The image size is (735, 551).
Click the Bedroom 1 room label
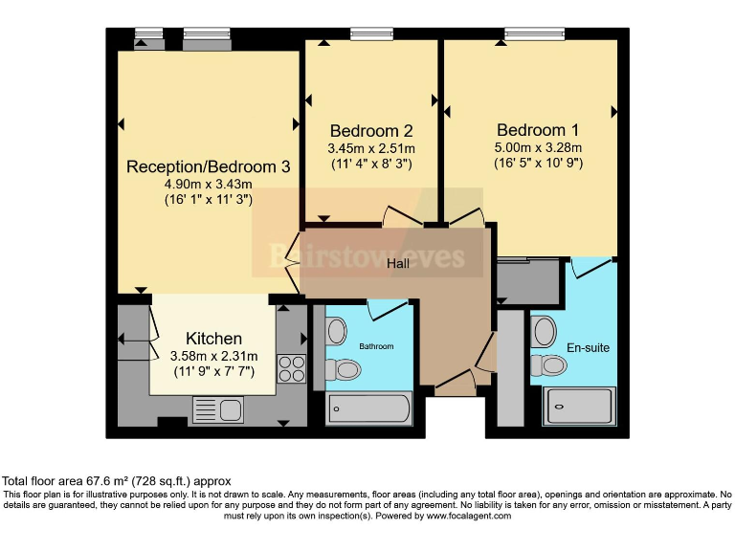point(538,130)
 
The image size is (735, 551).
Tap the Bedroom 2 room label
point(371,131)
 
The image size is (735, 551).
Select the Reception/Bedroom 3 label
point(208,166)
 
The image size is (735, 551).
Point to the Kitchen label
point(213,339)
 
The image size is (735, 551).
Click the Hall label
point(399,262)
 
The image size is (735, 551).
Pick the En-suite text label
point(588,347)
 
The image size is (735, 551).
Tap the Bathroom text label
point(376,345)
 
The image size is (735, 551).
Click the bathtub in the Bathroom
point(368,408)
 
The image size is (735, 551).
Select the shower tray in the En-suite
point(581,406)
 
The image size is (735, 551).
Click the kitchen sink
point(218,410)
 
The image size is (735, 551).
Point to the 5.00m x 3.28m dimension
point(538,147)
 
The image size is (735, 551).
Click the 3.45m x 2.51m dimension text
point(371,148)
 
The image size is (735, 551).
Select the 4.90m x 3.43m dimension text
point(208,185)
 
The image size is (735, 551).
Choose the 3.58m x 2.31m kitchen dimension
point(213,356)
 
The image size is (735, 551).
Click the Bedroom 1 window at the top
point(534,34)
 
